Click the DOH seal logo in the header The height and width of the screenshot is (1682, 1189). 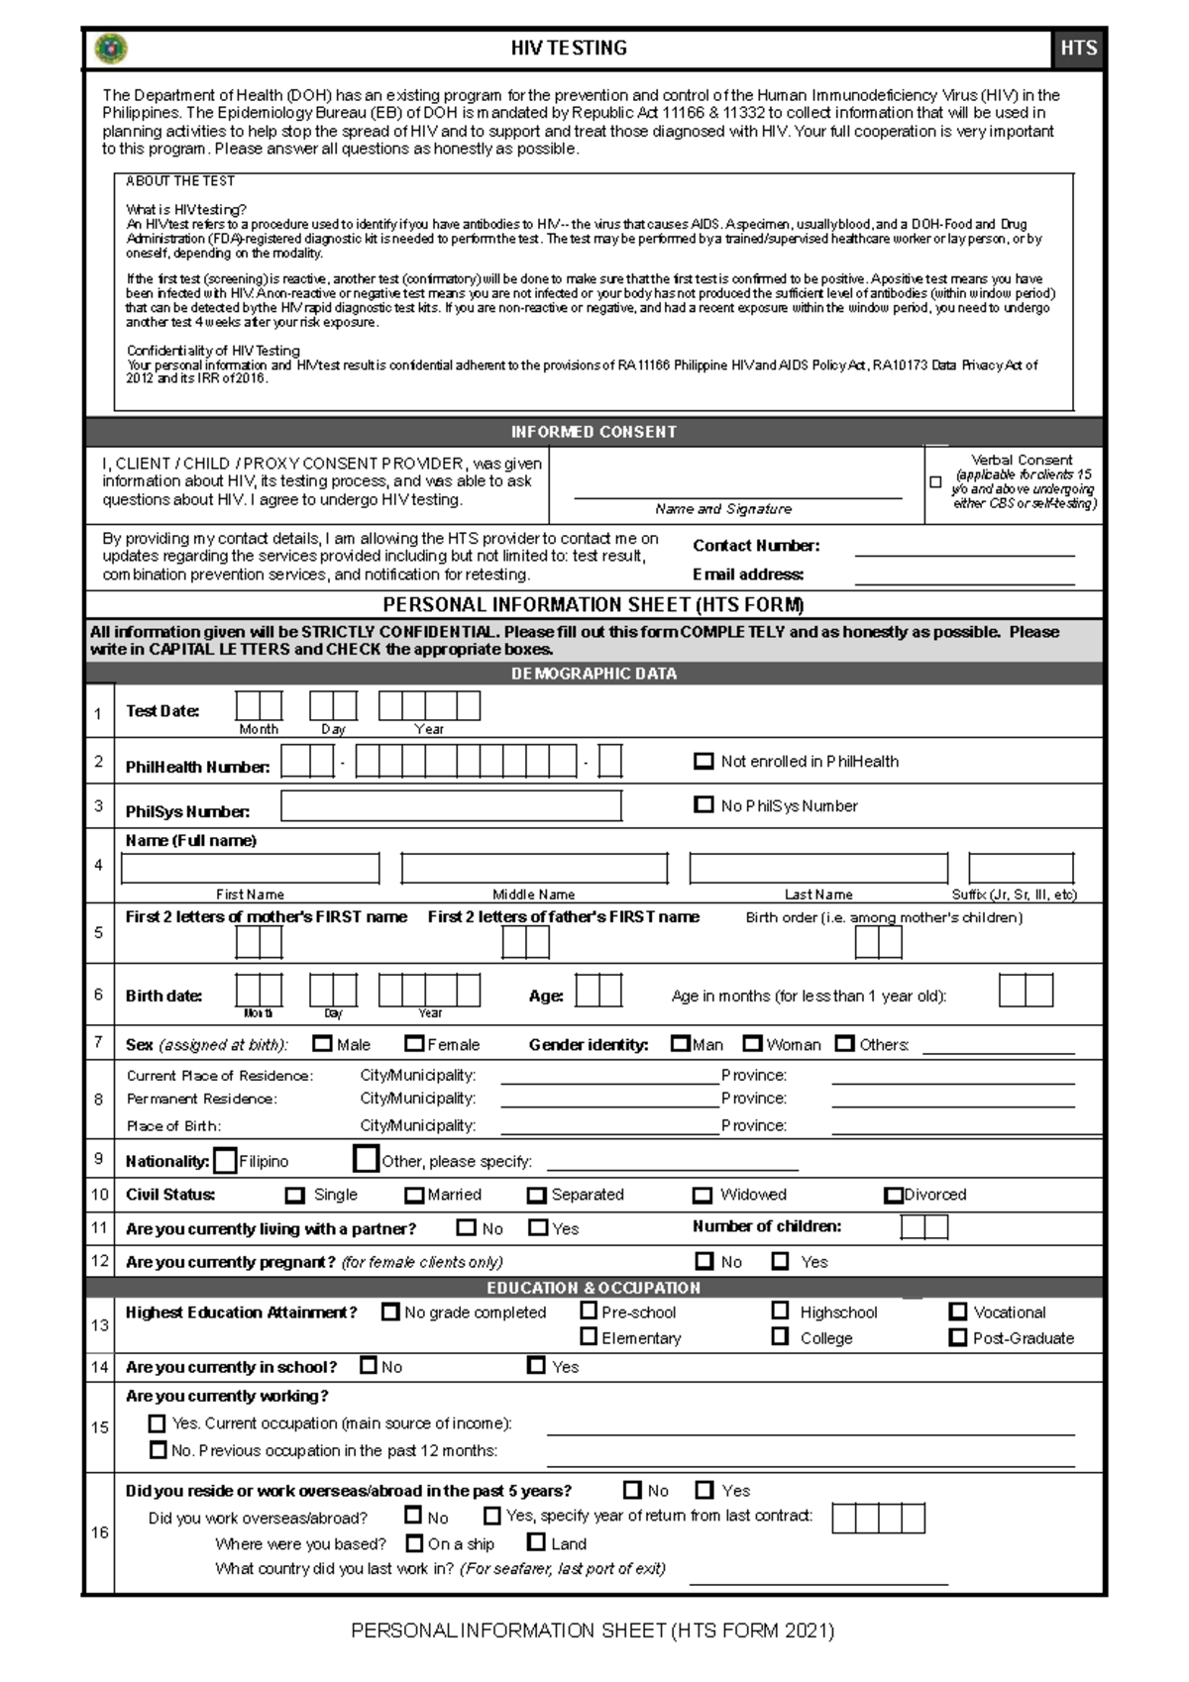111,48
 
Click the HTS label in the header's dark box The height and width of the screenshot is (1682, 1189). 1078,48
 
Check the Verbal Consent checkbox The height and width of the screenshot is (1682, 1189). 935,482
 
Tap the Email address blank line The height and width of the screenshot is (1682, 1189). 964,580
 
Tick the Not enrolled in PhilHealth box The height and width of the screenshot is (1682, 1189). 703,761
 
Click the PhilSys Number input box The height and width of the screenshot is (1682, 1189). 451,806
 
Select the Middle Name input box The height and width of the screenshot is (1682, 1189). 534,868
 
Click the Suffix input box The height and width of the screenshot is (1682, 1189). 1021,868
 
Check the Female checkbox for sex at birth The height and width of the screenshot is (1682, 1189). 414,1043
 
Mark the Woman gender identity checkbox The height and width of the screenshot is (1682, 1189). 752,1043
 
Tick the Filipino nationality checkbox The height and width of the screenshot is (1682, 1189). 225,1160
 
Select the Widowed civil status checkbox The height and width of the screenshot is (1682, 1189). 703,1195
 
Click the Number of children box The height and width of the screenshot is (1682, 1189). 923,1227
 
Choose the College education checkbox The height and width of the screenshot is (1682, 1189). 781,1336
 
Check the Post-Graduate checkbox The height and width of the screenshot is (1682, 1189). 957,1336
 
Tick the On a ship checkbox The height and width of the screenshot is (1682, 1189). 415,1542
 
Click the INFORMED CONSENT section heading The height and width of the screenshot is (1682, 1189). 594,432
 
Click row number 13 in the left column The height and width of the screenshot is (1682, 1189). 99,1324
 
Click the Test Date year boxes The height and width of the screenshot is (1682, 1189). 429,705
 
